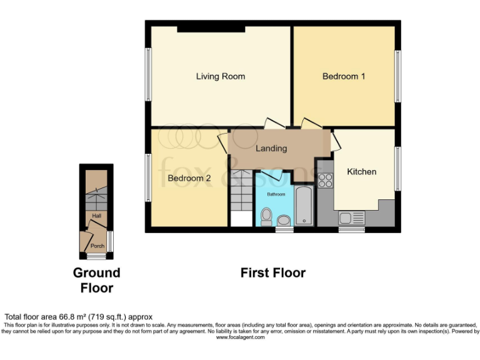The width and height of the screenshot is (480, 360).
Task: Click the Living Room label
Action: coord(220,76)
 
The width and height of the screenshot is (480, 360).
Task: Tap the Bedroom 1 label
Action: coord(344,76)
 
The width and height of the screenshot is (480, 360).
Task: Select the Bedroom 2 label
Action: coord(189,178)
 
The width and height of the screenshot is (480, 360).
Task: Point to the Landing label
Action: coord(271,148)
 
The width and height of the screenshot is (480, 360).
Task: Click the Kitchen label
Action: coord(361,171)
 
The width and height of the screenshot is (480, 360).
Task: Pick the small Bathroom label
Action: coord(276,194)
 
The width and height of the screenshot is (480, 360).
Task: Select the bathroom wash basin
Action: coord(283,220)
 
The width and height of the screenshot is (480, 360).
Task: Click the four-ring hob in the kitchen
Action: coord(325,180)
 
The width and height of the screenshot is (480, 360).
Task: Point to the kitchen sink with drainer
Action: coord(351,218)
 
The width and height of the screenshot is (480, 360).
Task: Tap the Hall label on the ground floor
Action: coord(97,216)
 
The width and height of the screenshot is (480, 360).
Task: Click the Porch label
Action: coord(97,246)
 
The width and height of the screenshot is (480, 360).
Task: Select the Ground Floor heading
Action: coord(96,280)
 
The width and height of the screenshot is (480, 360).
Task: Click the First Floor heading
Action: coord(272,273)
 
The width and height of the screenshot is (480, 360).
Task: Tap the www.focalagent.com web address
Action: coord(240,337)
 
